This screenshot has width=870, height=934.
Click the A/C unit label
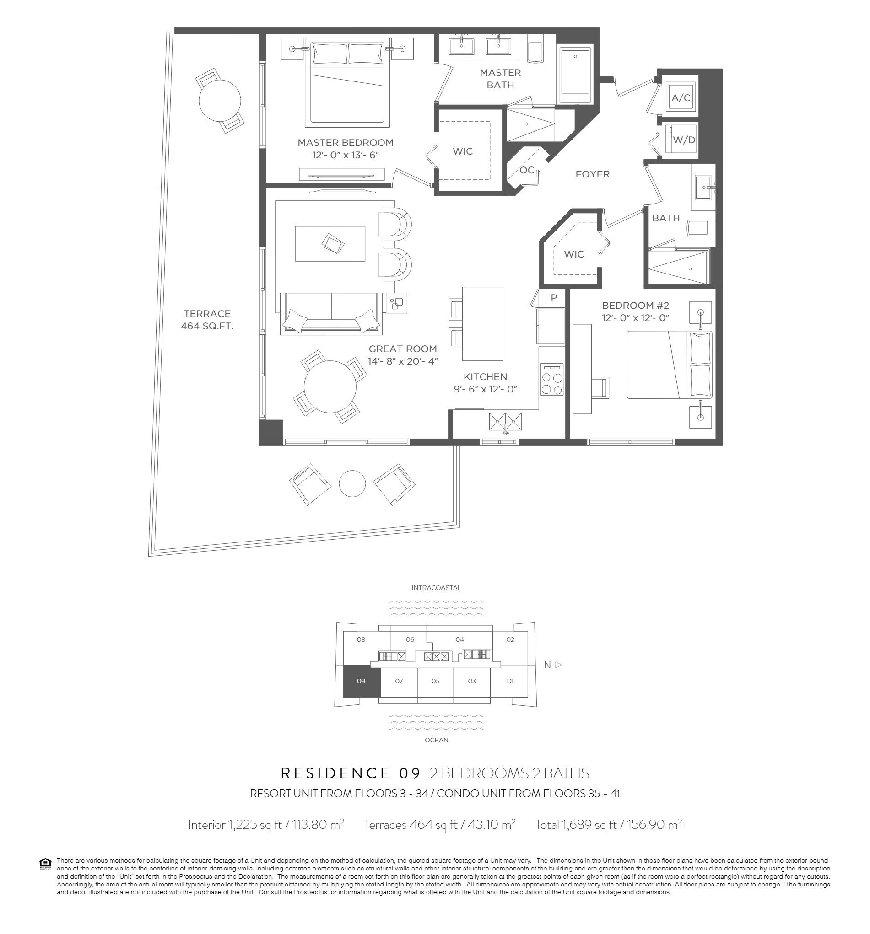point(681,98)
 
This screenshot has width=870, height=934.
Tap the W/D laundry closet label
point(684,140)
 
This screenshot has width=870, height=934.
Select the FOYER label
point(592,174)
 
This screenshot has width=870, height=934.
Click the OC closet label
point(527,170)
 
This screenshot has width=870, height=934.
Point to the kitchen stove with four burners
point(552,379)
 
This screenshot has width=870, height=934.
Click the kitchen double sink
point(505,422)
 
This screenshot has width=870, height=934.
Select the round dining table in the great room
point(330,386)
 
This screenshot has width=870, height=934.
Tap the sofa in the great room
point(331,313)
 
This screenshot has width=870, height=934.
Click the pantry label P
point(554,297)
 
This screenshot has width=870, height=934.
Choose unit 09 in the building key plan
point(361,681)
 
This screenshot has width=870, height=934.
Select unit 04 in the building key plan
point(459,639)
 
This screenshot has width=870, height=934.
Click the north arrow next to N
point(558,665)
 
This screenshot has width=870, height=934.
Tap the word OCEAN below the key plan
point(436,740)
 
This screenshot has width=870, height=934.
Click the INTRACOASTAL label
point(436,588)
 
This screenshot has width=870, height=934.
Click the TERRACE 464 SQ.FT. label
point(207,319)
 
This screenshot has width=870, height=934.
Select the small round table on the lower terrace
point(352,483)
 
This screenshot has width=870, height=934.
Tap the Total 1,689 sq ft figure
point(608,825)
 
